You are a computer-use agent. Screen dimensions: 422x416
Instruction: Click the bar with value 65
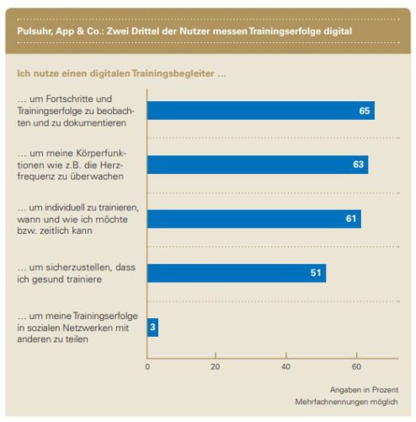260,111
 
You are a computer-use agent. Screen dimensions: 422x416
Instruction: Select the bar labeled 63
257,165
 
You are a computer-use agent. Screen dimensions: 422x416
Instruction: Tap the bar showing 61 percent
253,219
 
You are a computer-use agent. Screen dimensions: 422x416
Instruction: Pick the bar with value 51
236,273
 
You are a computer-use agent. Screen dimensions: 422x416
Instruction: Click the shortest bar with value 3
152,327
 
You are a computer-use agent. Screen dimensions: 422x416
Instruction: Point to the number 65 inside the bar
365,111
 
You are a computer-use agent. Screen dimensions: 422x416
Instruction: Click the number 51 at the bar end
316,273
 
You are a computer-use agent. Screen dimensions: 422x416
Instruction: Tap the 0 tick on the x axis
147,366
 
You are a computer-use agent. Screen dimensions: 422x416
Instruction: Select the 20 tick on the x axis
216,366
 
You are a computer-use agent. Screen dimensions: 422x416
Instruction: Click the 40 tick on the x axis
286,366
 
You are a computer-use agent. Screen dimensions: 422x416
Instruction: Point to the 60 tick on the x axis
355,366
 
